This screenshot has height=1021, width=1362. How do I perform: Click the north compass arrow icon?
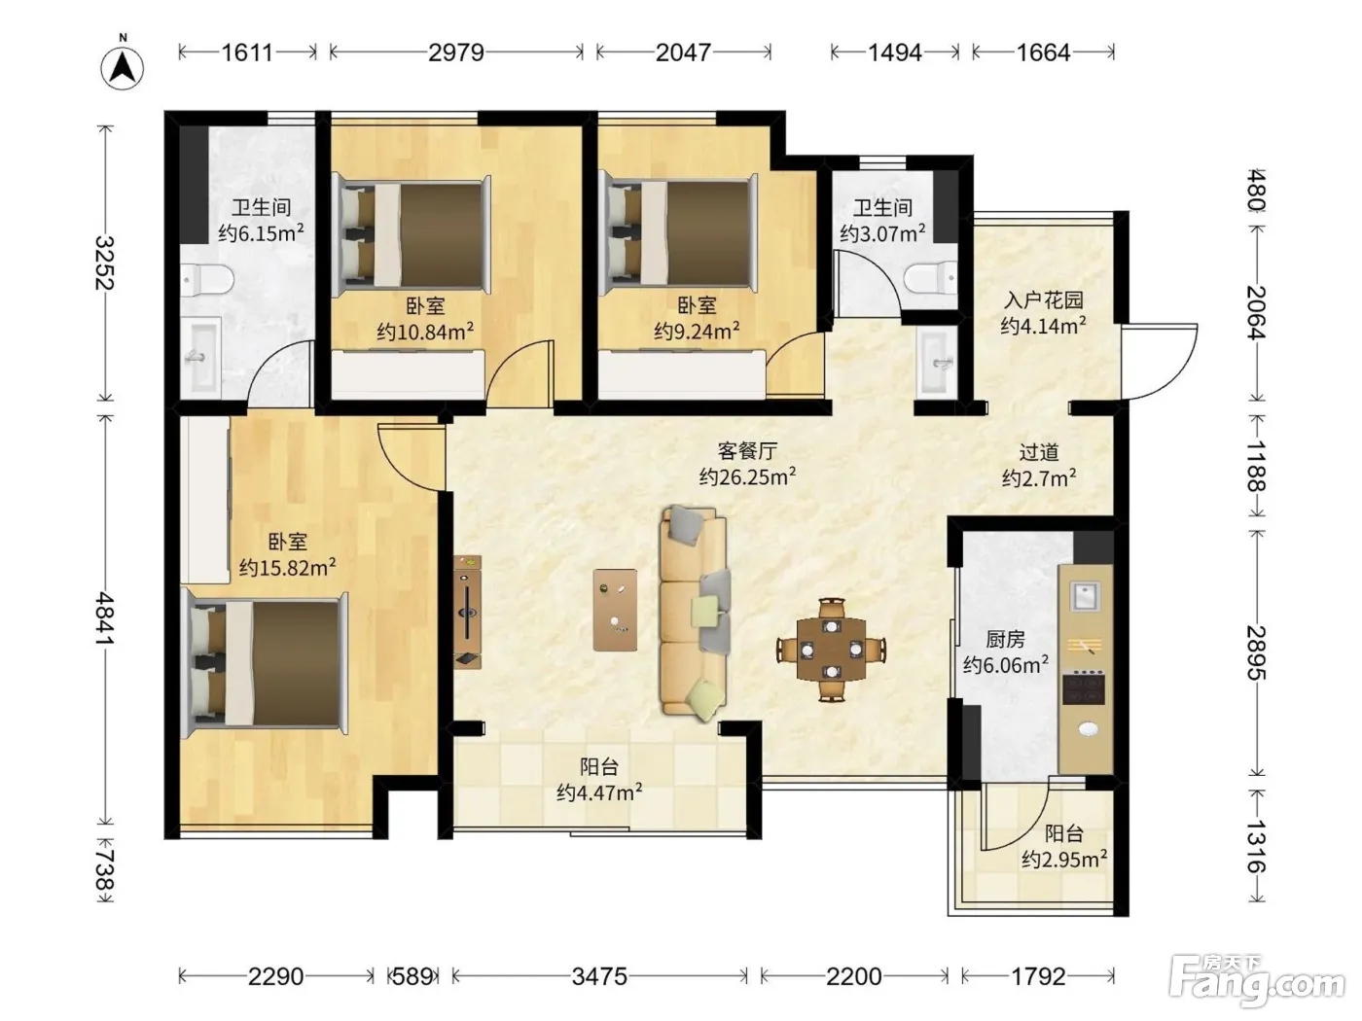point(123,67)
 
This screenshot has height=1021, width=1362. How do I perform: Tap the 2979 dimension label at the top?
point(456,53)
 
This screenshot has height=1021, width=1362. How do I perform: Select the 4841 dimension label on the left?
point(105,618)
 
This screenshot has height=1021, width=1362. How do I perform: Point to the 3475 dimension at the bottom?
point(599,976)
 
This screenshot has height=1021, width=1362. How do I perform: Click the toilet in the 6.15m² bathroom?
point(207,280)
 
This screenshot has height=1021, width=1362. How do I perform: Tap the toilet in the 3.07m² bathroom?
point(930,279)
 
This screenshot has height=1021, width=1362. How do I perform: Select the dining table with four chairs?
point(831,651)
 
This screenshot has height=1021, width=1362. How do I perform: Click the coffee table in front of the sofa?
point(615,610)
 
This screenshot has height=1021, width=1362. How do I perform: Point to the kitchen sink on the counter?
point(1085,596)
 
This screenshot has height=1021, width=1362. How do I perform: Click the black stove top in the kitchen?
point(1084,688)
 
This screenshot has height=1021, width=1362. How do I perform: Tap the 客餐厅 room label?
point(747,450)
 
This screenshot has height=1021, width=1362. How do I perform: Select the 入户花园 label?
point(1044,300)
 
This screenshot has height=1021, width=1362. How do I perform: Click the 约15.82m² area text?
point(288,567)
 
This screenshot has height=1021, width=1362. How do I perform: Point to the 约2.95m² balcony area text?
point(1064,860)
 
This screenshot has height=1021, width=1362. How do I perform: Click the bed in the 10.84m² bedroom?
point(412,235)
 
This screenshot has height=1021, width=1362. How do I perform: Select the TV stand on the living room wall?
point(467,612)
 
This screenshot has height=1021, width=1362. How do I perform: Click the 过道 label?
point(1039,452)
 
